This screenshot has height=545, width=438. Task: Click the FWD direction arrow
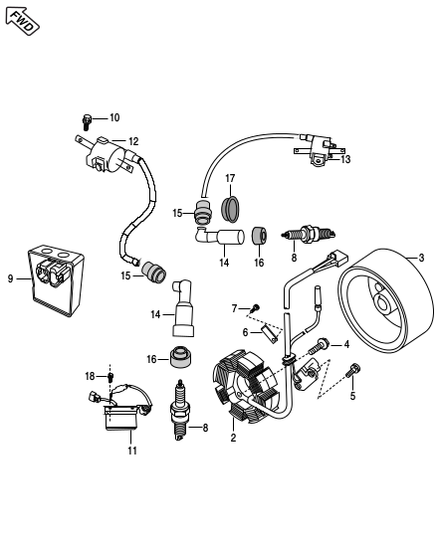pos(22,21)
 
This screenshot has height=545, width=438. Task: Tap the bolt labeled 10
pos(86,122)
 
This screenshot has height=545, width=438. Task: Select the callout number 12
pos(133,141)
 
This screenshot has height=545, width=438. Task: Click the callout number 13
pos(345,159)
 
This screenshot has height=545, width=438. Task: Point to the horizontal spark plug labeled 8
pos(309,234)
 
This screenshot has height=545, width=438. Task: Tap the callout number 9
pos(10,278)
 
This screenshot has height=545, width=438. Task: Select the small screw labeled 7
pos(256,307)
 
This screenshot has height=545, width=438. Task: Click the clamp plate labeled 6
pos(271,333)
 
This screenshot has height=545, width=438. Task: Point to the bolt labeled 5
pos(353,371)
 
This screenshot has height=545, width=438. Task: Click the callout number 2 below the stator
pos(233,438)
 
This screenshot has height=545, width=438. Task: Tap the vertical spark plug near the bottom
pos(179,411)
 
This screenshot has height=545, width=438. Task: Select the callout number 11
pos(132,451)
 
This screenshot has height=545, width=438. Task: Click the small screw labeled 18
pos(110,377)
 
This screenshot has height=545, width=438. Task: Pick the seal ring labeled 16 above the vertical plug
pos(181,357)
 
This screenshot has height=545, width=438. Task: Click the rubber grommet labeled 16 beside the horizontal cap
pos(259,237)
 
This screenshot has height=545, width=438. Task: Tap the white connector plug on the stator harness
pos(338,259)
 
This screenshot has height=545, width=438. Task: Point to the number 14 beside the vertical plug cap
pos(155,314)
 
